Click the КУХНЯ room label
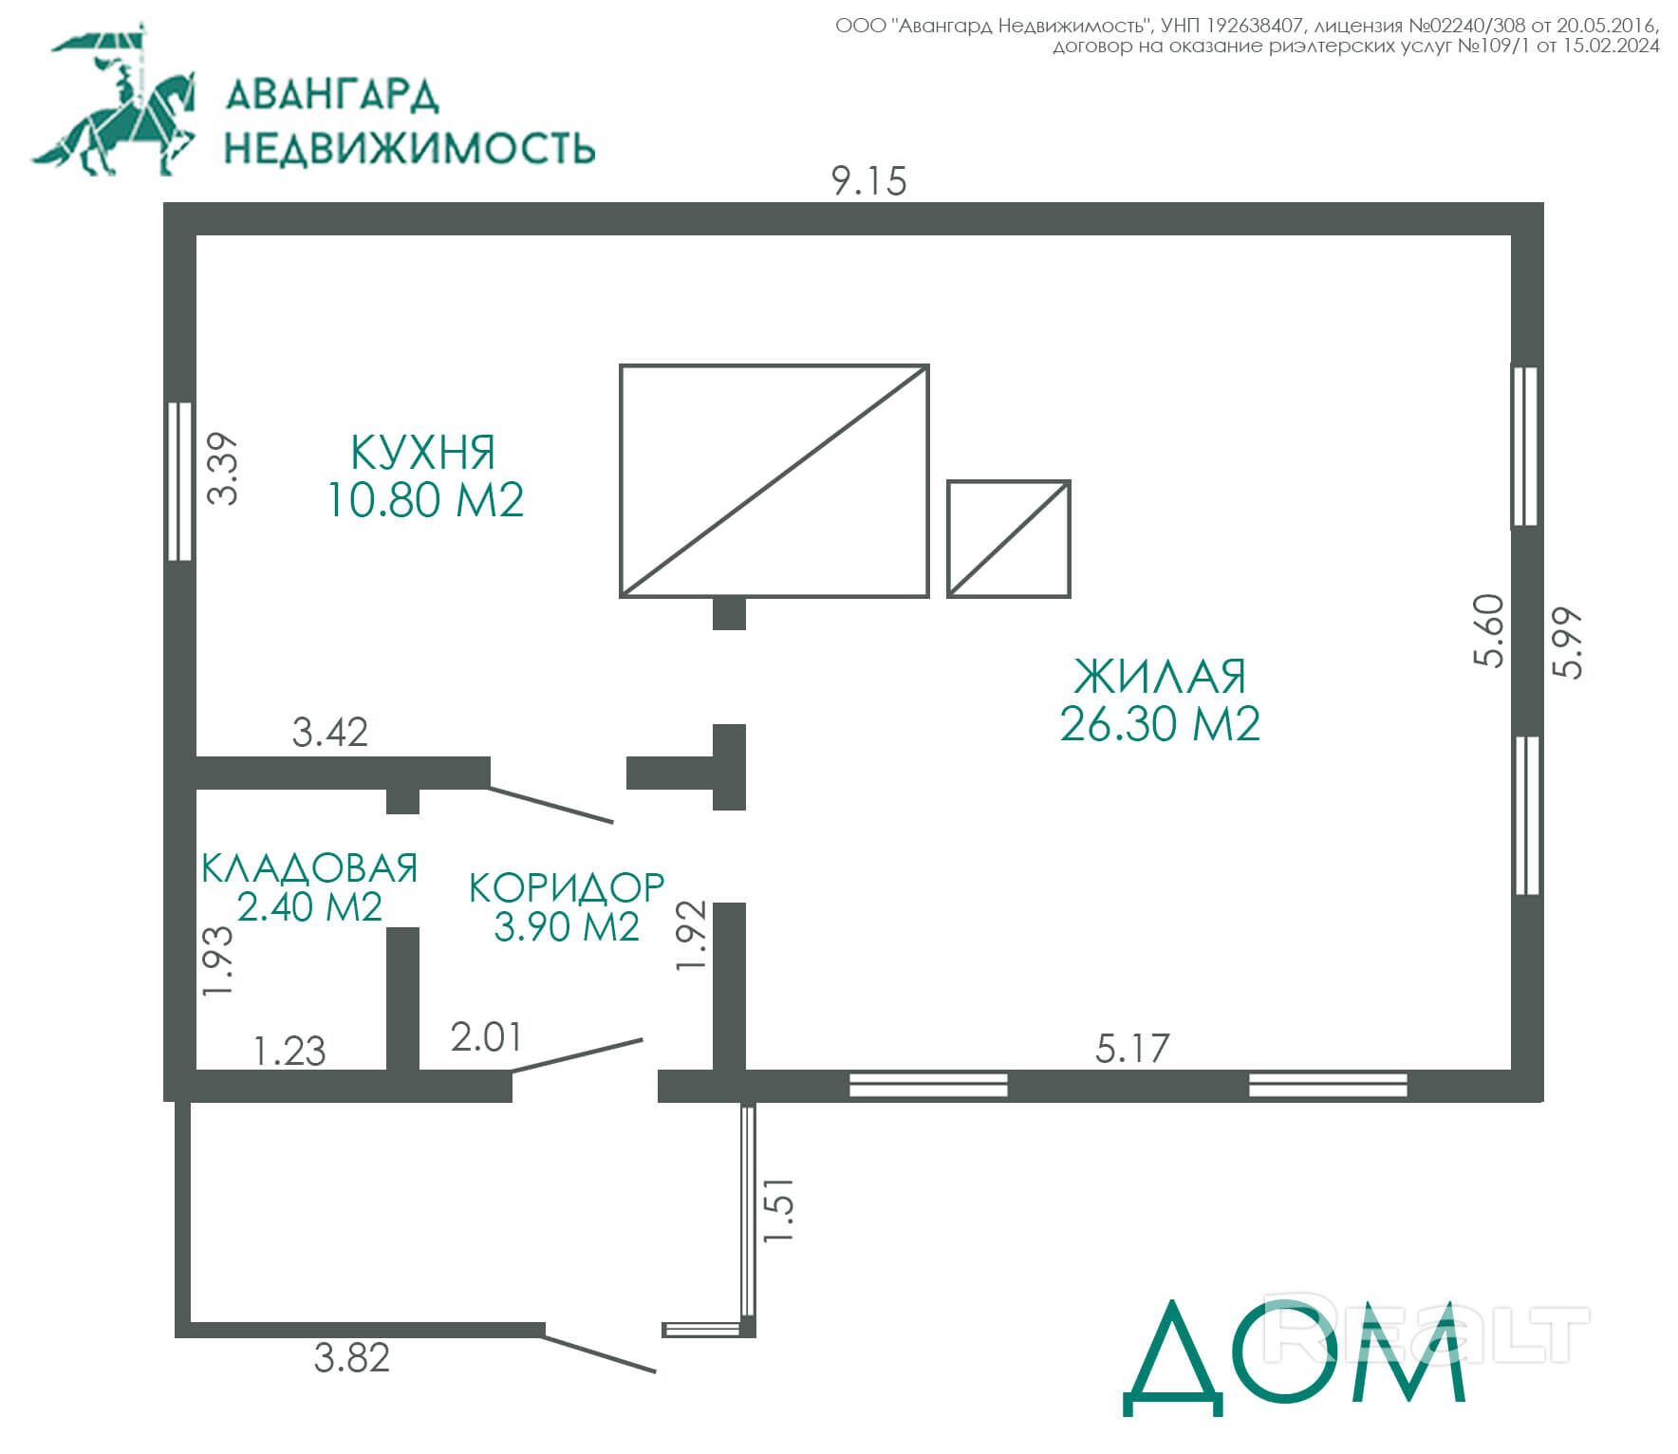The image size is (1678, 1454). (423, 453)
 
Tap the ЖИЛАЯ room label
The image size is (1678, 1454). (1160, 677)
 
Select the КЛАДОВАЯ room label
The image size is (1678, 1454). (309, 867)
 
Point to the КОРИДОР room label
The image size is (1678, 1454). (567, 887)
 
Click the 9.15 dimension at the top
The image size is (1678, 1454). (869, 180)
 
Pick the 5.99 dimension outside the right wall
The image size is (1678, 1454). (1568, 643)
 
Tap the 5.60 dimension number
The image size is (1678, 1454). (1489, 631)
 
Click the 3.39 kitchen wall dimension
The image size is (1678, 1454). (223, 468)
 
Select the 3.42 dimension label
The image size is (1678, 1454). (329, 732)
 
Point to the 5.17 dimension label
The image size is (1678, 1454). (1132, 1048)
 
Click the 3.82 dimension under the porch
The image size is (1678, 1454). (352, 1357)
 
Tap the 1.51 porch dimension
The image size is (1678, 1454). (778, 1210)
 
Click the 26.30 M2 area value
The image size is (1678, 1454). (1160, 724)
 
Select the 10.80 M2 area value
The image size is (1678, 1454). (425, 500)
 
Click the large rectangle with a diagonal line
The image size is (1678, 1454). (774, 365)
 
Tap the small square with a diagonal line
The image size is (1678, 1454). (1009, 482)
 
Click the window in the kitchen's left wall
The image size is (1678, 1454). (179, 481)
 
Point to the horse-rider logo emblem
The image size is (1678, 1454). (114, 100)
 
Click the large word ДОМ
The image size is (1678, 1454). (1296, 1358)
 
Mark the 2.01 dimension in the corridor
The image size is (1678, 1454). (487, 1037)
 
